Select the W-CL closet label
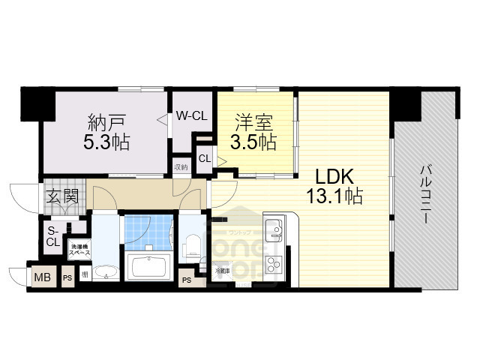(x=191, y=116)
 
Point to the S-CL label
(x=53, y=236)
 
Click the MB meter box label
(x=42, y=278)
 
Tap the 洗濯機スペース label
(x=79, y=250)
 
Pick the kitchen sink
(x=273, y=227)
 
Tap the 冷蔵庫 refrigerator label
(x=222, y=271)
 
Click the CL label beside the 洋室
(x=204, y=157)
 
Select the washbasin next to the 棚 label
(x=106, y=273)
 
